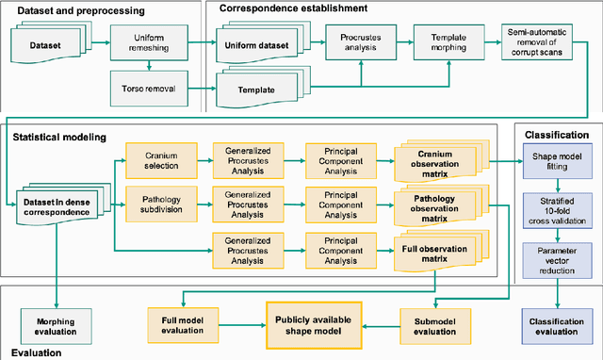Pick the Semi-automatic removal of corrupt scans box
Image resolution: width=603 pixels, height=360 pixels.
pyautogui.click(x=543, y=44)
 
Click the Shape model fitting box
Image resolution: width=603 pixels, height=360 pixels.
pyautogui.click(x=556, y=161)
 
